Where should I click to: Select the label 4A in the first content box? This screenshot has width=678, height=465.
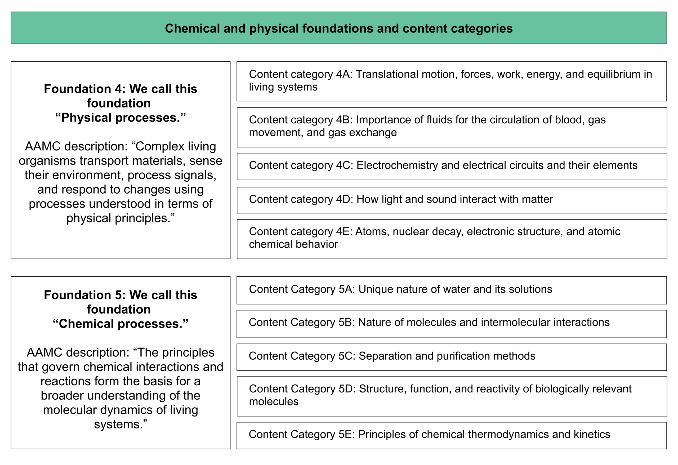[344, 74]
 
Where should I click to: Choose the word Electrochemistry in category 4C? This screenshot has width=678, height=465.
[396, 166]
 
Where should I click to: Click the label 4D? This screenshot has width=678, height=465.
[344, 199]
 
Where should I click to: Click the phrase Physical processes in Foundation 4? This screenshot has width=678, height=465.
[121, 118]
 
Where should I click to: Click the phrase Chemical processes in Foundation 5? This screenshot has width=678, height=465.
[121, 324]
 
